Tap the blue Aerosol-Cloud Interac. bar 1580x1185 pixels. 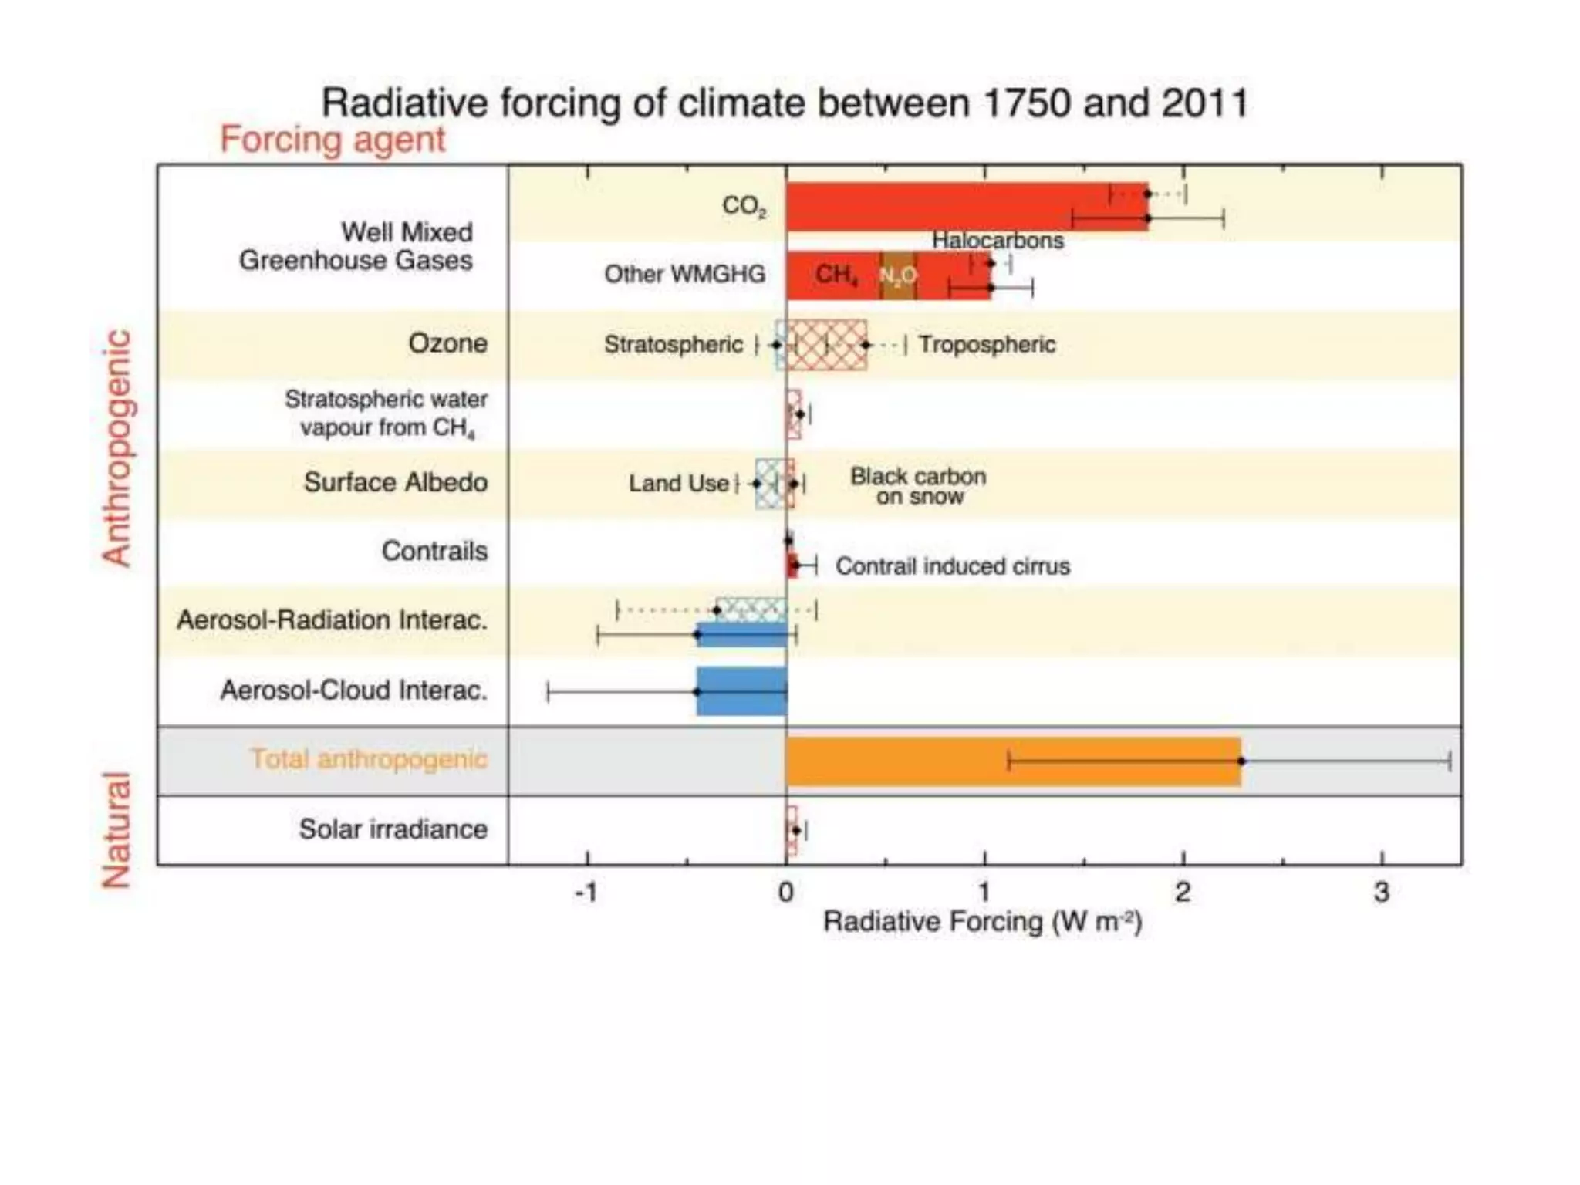pyautogui.click(x=741, y=692)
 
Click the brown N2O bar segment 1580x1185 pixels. pyautogui.click(x=898, y=275)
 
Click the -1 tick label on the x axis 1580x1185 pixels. pyautogui.click(x=586, y=893)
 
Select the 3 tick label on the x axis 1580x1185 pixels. pyautogui.click(x=1382, y=893)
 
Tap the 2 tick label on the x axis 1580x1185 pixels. pyautogui.click(x=1183, y=893)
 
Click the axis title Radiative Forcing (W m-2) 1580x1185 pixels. pyautogui.click(x=982, y=922)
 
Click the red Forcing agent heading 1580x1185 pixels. pyautogui.click(x=333, y=140)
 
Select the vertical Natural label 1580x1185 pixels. pyautogui.click(x=116, y=830)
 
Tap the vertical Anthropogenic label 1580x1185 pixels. pyautogui.click(x=116, y=448)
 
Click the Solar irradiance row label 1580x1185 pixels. pyautogui.click(x=393, y=829)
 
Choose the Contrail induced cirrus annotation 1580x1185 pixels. pyautogui.click(x=953, y=566)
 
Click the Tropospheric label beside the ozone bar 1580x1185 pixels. pyautogui.click(x=987, y=344)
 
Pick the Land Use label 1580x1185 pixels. pyautogui.click(x=678, y=484)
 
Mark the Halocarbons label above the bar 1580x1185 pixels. pyautogui.click(x=998, y=241)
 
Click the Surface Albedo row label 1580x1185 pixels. pyautogui.click(x=395, y=482)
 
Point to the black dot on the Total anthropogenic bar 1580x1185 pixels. pyautogui.click(x=1241, y=761)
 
